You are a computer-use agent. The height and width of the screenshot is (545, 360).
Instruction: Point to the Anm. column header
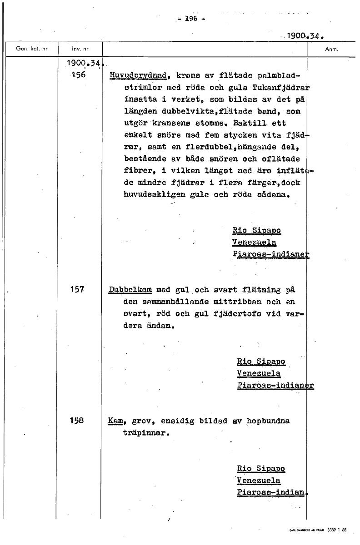click(332, 49)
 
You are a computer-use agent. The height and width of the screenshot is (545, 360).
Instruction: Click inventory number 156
click(78, 75)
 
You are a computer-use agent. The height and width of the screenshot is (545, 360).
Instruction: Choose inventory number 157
click(78, 289)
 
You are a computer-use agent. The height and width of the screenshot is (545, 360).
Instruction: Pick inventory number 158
click(78, 421)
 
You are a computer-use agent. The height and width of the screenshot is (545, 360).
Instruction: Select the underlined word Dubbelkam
click(130, 289)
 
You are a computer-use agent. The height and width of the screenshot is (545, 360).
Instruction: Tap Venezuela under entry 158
click(259, 481)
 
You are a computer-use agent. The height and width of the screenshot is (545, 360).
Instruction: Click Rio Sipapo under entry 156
click(256, 230)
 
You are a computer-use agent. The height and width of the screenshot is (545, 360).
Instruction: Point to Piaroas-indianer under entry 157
click(275, 386)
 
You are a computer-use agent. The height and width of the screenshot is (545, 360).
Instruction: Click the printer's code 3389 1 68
click(337, 530)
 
